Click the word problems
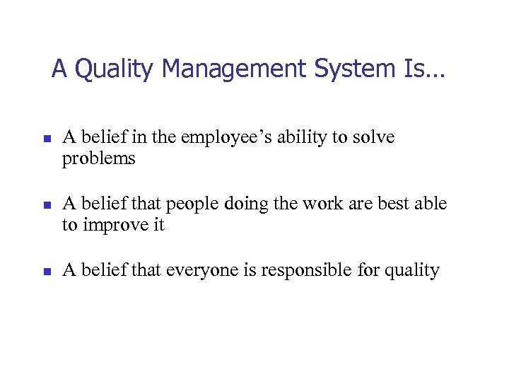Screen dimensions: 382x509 98,158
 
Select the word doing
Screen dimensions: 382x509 244,204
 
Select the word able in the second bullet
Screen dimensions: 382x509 432,204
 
